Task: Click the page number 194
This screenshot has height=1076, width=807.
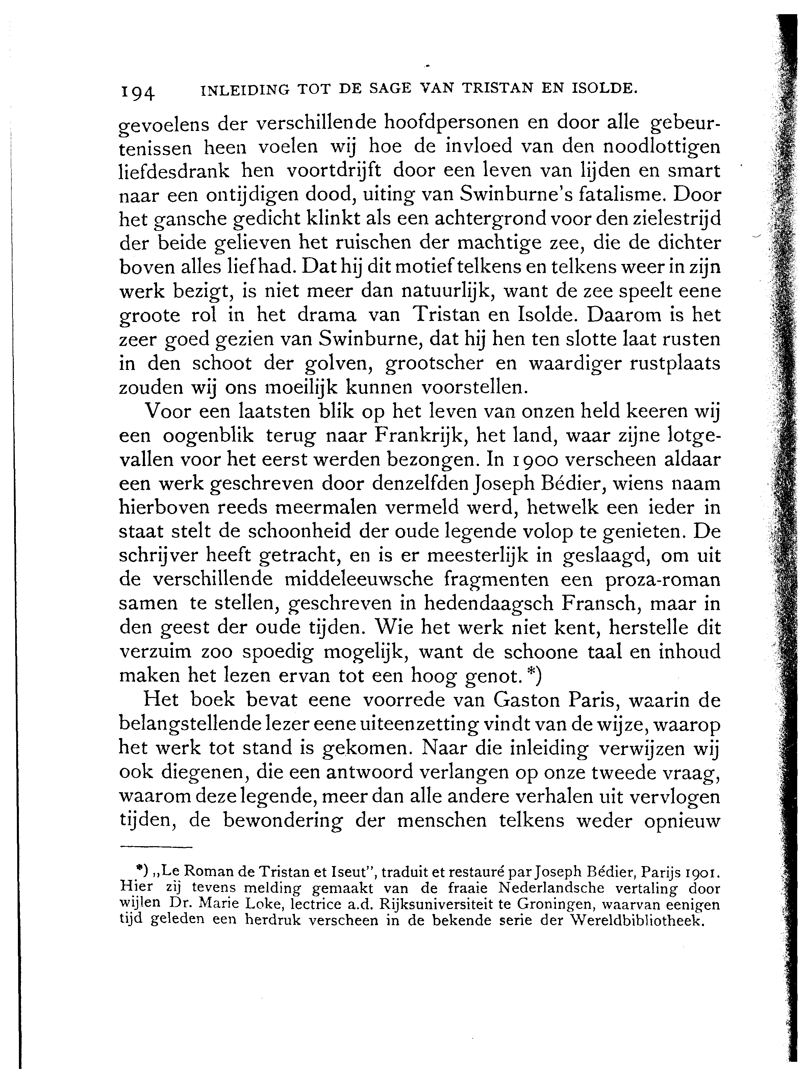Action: click(x=137, y=91)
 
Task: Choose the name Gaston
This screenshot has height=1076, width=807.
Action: click(x=528, y=700)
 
